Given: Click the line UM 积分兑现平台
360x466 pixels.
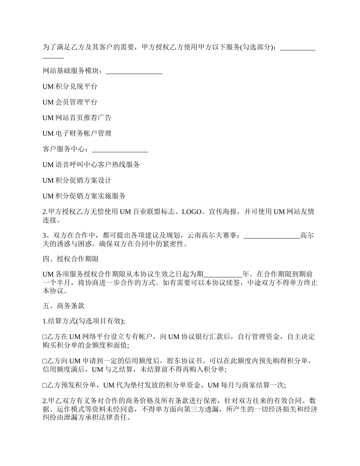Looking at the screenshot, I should (70, 87).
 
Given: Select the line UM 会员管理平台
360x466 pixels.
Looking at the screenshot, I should (70, 102).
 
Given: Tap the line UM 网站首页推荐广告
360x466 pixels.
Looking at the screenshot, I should (77, 118).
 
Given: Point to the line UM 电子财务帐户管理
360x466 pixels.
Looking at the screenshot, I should (77, 133).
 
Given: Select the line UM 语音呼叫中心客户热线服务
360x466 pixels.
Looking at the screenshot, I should (91, 165).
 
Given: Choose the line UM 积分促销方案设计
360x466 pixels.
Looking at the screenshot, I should (77, 180).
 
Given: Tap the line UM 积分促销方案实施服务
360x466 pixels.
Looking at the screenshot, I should (84, 196).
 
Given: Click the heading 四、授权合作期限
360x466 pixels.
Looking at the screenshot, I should (71, 259).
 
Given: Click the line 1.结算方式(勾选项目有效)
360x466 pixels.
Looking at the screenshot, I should (84, 321).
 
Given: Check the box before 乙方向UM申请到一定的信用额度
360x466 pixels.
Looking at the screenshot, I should (45, 361).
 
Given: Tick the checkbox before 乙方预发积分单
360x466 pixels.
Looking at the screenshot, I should (45, 385).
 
